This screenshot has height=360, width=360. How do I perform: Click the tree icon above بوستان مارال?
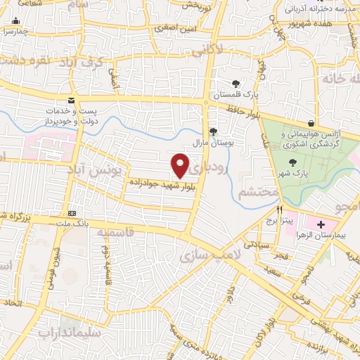tap(214, 131)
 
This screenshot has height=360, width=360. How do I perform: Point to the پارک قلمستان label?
tap(236, 94)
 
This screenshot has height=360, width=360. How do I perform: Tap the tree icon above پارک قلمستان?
tap(236, 82)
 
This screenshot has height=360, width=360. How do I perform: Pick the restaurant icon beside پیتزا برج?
tap(280, 210)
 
